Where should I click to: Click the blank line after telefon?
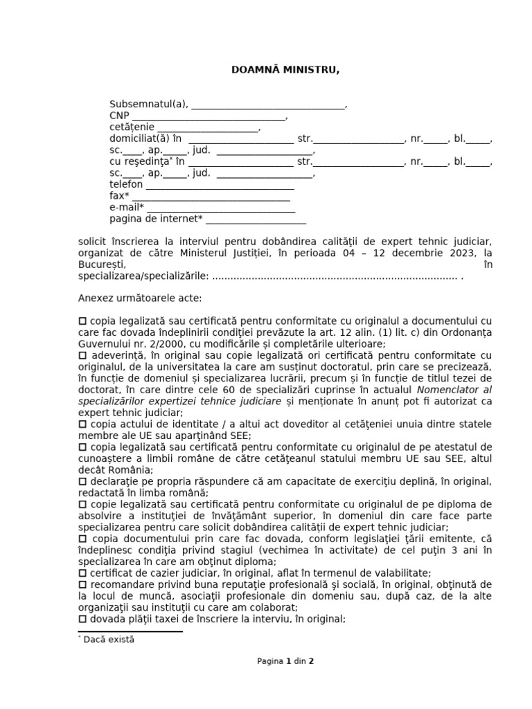[x=220, y=186]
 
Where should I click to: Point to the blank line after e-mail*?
[x=221, y=208]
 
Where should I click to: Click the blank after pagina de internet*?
[x=256, y=219]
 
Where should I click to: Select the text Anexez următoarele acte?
[x=141, y=298]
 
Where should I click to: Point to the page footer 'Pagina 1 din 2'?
[x=285, y=661]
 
